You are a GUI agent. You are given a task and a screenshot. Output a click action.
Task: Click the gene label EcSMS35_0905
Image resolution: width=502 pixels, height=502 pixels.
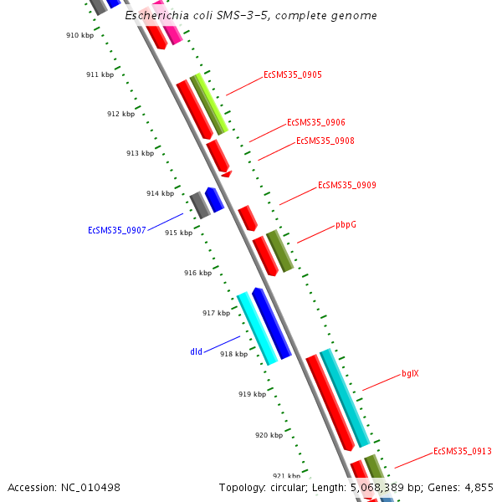point(292,74)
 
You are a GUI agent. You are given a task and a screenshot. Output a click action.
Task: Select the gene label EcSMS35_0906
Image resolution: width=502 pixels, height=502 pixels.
point(315,122)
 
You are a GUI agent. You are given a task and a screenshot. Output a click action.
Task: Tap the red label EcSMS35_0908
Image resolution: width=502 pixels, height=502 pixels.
point(325,141)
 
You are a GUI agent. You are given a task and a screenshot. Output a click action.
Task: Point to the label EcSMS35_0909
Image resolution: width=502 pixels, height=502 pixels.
point(346,185)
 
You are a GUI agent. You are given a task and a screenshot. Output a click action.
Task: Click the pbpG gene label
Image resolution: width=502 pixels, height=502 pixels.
point(346,224)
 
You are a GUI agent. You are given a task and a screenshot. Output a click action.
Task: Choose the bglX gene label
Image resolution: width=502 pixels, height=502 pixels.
point(410,373)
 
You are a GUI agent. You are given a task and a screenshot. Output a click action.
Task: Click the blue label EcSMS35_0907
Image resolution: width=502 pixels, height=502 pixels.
point(117,230)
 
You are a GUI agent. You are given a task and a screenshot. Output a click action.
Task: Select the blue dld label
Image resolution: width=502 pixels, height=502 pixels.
point(196,352)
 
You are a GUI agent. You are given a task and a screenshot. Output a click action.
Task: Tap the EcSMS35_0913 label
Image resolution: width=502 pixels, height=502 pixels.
point(462,452)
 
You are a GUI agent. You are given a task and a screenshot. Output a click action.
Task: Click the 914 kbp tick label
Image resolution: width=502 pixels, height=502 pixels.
point(160,193)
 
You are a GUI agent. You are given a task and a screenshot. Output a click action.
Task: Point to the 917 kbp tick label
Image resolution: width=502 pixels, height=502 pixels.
point(216,313)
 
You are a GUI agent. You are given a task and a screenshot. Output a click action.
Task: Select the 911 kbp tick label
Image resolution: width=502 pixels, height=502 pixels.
point(100,74)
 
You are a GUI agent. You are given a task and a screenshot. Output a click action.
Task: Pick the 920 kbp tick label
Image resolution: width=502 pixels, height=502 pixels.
point(269,435)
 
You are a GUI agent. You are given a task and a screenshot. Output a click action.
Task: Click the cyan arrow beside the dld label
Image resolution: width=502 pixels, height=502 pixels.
point(257,328)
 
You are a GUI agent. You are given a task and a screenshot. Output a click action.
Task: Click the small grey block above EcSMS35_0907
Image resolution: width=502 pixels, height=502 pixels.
point(199,205)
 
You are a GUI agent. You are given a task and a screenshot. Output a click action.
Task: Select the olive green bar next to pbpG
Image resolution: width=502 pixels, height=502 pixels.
point(279,251)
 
